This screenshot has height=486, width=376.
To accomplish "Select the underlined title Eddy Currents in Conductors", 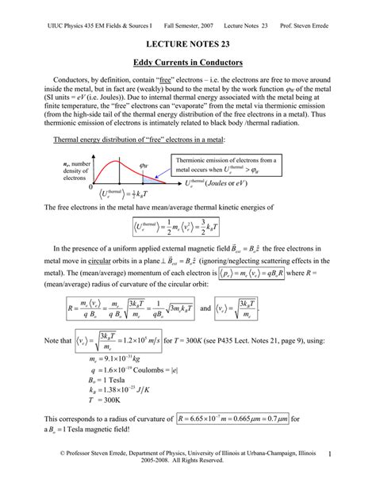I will (x=187, y=62).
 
